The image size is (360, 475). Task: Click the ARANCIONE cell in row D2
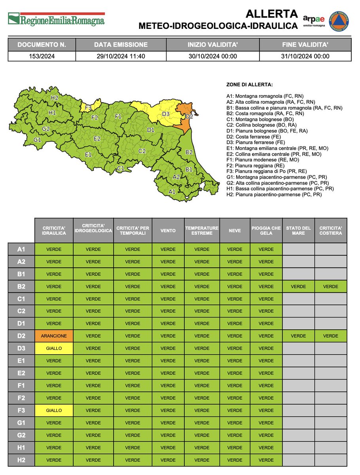click(54, 336)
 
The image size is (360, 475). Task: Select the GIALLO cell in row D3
click(54, 348)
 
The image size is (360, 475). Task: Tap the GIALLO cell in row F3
click(54, 410)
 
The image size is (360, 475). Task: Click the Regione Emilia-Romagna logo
click(57, 19)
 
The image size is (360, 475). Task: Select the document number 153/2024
click(42, 56)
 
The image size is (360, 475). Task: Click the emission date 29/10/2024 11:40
click(121, 56)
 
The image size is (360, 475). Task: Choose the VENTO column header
click(168, 230)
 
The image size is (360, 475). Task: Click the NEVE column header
click(235, 230)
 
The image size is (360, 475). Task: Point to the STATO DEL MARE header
click(298, 230)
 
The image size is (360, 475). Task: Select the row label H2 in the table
click(21, 460)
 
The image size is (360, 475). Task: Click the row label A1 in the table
click(21, 249)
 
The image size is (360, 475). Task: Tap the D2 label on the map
click(189, 116)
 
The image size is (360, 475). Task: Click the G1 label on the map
click(37, 140)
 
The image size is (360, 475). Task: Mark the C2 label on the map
click(142, 151)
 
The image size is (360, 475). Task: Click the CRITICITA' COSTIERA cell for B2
click(330, 287)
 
